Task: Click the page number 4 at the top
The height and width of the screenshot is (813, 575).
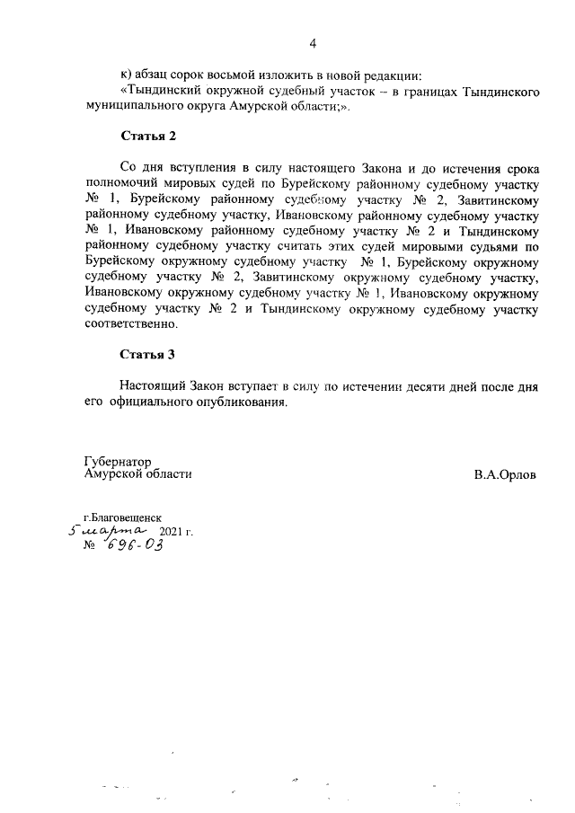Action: pyautogui.click(x=313, y=42)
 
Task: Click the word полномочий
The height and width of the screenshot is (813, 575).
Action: pyautogui.click(x=125, y=183)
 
